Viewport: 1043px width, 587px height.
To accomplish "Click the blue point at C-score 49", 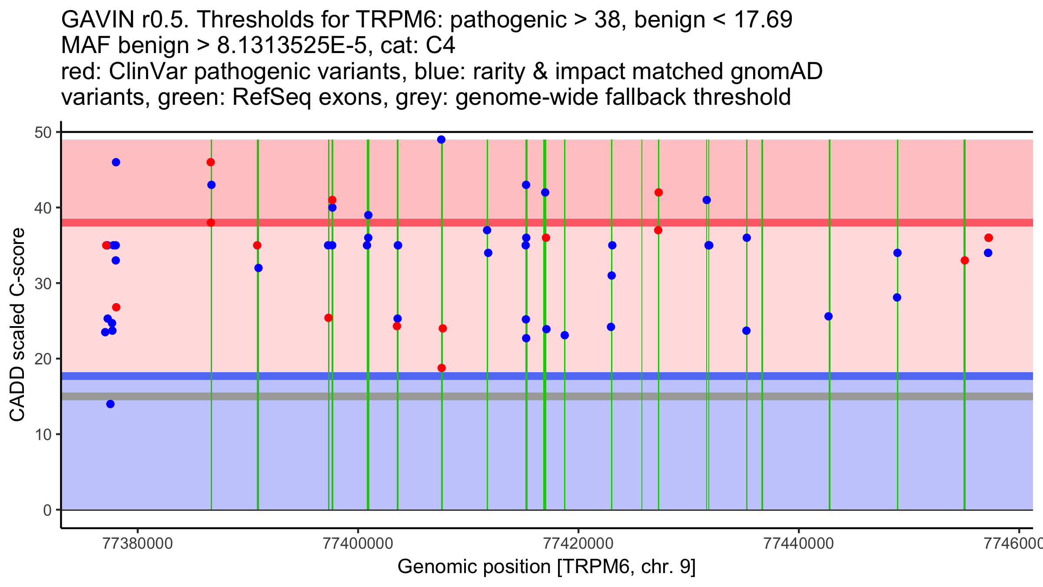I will point(441,140).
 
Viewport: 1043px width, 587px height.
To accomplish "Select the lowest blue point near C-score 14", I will point(110,404).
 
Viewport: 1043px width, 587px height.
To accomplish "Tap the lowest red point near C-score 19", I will point(442,368).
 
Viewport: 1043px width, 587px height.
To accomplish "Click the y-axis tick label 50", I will point(43,132).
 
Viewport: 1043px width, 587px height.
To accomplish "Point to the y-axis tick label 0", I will point(47,510).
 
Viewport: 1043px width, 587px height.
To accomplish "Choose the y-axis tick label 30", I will point(43,283).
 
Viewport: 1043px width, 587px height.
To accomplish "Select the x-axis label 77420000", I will point(578,543).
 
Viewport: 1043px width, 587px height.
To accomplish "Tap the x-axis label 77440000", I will point(799,543).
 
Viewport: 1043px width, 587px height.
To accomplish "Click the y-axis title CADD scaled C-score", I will point(17,325).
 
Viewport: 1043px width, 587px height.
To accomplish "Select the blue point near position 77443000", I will point(828,316).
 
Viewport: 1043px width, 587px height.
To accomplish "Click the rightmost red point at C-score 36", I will point(989,238).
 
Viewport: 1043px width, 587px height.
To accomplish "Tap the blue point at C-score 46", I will point(116,162).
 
